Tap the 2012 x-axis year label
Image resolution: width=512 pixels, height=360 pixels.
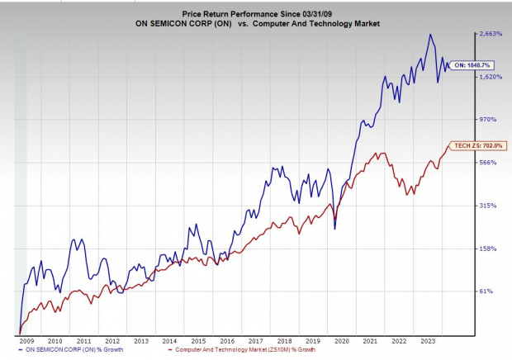[x=112, y=340]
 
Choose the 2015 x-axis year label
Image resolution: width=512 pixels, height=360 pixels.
[x=199, y=340]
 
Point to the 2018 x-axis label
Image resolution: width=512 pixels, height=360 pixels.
[x=286, y=340]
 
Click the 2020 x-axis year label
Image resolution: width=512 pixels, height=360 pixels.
[x=344, y=340]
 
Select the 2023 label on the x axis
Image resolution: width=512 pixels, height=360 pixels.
[x=429, y=340]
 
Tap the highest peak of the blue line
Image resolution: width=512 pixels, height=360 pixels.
[x=430, y=35]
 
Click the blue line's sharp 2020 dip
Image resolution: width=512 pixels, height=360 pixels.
[x=334, y=228]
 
